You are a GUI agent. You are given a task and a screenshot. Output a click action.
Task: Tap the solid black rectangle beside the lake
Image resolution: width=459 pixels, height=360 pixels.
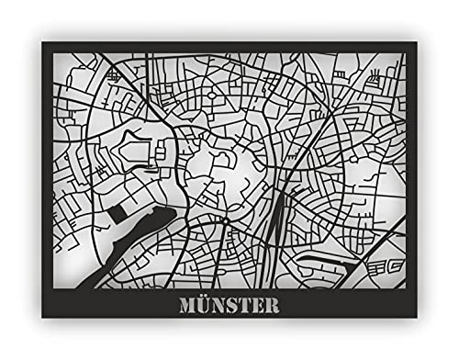[118, 213]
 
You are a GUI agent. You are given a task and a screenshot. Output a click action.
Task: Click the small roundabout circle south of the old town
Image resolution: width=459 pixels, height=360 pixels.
[224, 222]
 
